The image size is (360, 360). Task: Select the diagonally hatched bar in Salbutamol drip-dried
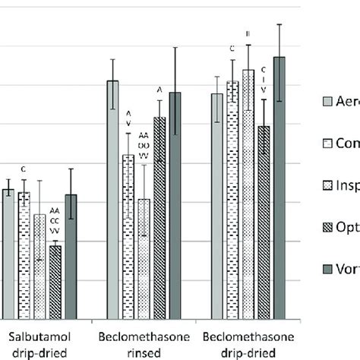coord(55,282)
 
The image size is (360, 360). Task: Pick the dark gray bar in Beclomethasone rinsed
coord(175,205)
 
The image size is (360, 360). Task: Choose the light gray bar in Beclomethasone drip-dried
coord(217,206)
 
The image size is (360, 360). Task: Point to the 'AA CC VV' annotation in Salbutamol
coord(55,219)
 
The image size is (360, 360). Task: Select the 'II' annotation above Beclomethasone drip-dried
coord(248,34)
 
